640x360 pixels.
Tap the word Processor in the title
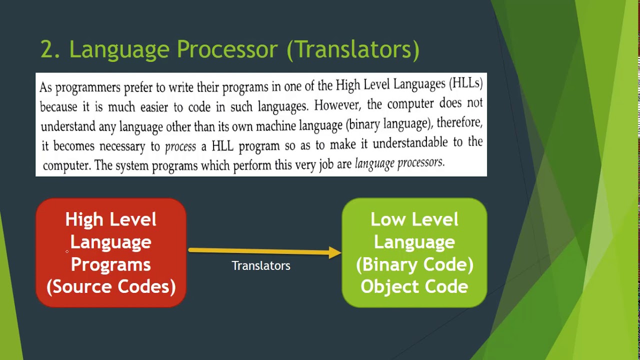[227, 49]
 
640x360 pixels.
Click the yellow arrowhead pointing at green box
[335, 252]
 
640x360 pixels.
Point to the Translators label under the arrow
[261, 265]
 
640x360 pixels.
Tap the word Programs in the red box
[111, 265]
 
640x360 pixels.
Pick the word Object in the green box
[390, 286]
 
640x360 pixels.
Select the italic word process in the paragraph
[180, 147]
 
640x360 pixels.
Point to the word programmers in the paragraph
[88, 87]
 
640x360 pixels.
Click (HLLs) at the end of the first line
[466, 83]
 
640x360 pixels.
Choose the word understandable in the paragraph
[410, 143]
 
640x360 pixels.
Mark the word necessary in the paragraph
[122, 147]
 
